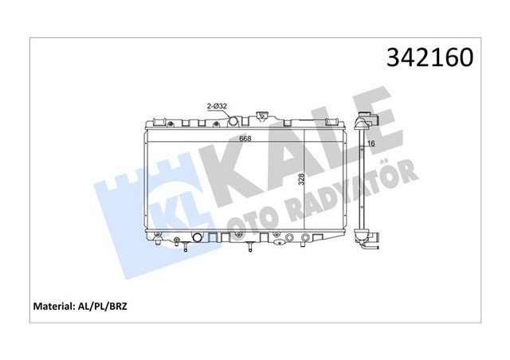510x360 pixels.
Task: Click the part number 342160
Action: pos(430,58)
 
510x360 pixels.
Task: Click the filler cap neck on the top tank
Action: pos(261,118)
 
